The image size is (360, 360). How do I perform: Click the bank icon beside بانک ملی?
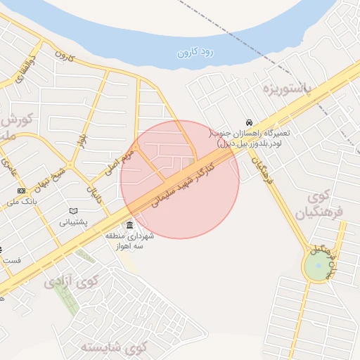pyautogui.click(x=21, y=191)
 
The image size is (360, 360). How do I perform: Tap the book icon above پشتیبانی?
pyautogui.click(x=73, y=211)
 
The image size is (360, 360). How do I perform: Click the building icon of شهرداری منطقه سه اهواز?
pyautogui.click(x=129, y=225)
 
